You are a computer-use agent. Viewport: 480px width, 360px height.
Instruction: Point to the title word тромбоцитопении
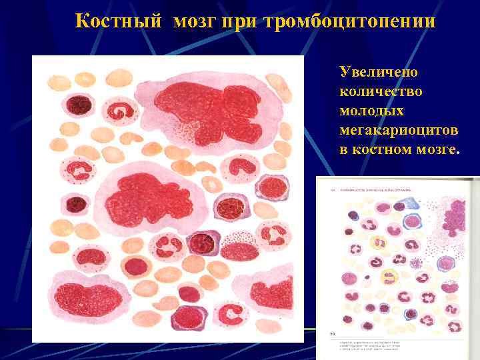[x=349, y=22]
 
